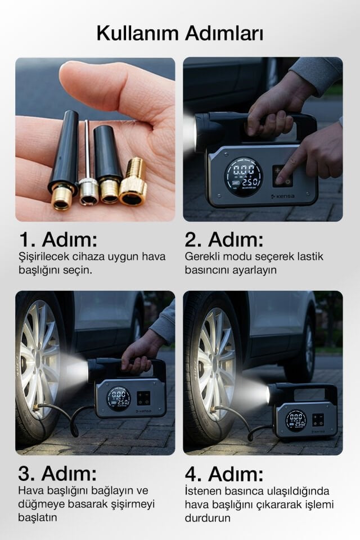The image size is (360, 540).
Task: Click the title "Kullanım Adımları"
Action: pyautogui.click(x=179, y=33)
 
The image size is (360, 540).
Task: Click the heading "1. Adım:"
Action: pyautogui.click(x=58, y=240)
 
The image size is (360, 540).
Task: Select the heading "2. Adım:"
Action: pyautogui.click(x=224, y=240)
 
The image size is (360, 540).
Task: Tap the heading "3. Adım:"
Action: pyautogui.click(x=58, y=472)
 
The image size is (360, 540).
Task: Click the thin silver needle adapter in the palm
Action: pyautogui.click(x=88, y=163)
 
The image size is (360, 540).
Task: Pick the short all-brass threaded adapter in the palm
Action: pyautogui.click(x=134, y=181)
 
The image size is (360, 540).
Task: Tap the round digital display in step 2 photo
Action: pyautogui.click(x=243, y=176)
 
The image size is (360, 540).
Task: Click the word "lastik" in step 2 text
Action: pyautogui.click(x=309, y=257)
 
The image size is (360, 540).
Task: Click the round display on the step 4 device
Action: pyautogui.click(x=295, y=420)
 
